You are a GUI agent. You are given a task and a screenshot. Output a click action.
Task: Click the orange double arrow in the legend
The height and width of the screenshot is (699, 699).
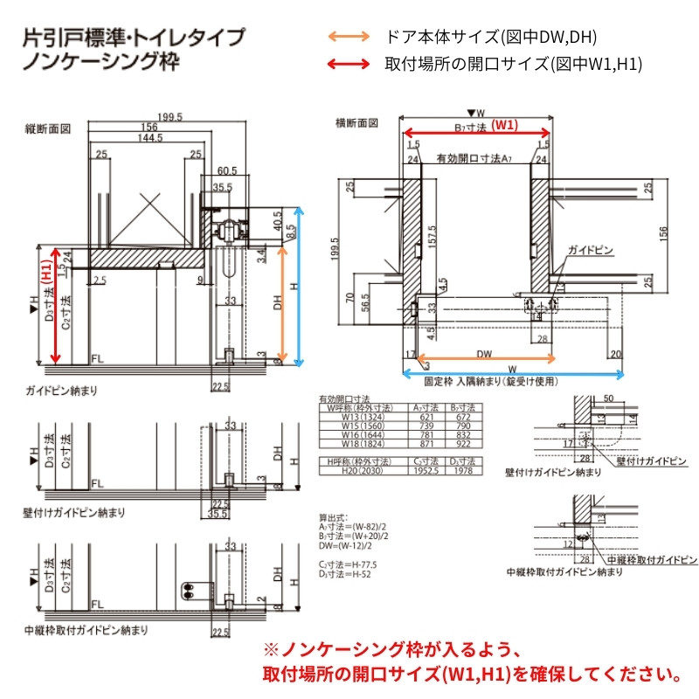click(x=347, y=37)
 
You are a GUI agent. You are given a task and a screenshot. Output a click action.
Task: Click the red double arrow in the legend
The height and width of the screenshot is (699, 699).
click(x=347, y=63)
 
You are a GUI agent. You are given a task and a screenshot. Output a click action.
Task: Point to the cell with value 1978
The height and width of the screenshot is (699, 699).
click(x=463, y=469)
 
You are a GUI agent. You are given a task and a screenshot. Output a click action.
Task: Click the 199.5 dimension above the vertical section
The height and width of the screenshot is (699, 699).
click(x=170, y=117)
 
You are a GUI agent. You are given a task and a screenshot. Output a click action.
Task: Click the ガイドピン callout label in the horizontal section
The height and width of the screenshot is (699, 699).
click(x=591, y=251)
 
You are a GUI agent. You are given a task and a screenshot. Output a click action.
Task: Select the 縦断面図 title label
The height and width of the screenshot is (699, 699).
click(x=47, y=129)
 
